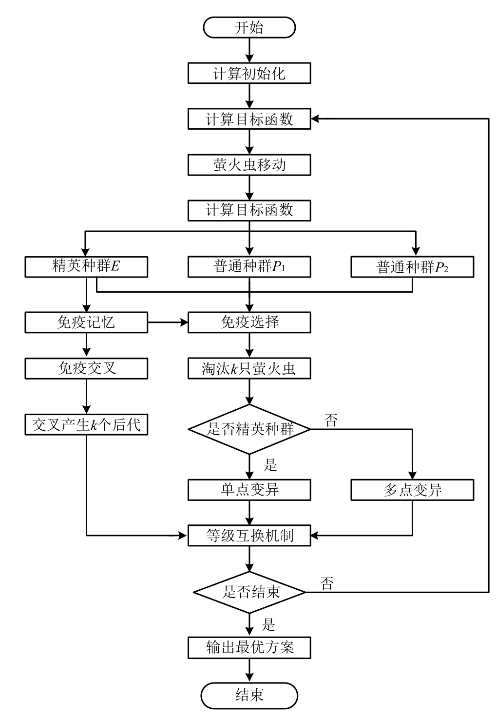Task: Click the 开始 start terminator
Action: (x=249, y=27)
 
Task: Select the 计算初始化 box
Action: (x=249, y=74)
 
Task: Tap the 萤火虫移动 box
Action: (x=249, y=165)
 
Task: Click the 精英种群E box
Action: (x=86, y=266)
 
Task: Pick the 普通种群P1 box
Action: (x=249, y=266)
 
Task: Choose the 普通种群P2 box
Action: (x=412, y=267)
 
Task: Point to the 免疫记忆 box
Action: (x=86, y=322)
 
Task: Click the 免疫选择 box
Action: (x=249, y=322)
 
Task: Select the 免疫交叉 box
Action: (x=86, y=368)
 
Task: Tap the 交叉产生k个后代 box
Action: (x=86, y=424)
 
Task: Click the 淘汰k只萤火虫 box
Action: (x=249, y=368)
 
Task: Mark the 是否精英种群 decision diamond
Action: (x=249, y=429)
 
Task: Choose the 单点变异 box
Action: (x=249, y=490)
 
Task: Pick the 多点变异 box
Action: (x=412, y=490)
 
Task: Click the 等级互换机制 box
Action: (x=249, y=536)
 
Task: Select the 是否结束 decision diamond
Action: (x=249, y=592)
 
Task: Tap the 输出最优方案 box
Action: (x=249, y=648)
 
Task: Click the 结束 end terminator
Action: (x=249, y=695)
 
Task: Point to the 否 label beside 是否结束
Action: (x=327, y=583)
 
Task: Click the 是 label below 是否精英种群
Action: (x=270, y=465)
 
